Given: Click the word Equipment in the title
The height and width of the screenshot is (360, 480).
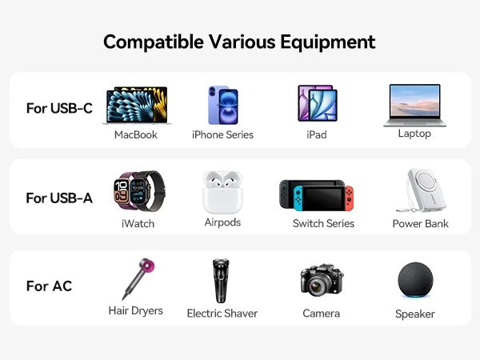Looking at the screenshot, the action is point(328,42).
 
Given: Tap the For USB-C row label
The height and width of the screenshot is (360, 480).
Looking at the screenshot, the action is point(59,108).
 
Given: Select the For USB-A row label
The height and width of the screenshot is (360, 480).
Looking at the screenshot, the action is point(59,198).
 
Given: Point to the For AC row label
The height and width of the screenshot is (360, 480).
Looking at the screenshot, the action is point(49,286).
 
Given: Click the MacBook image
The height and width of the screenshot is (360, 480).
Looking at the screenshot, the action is point(137,106).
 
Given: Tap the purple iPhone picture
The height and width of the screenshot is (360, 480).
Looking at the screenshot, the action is point(223,105).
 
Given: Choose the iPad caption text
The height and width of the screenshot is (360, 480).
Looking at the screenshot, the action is point(317,134).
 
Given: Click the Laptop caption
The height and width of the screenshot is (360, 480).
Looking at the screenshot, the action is point(414,134).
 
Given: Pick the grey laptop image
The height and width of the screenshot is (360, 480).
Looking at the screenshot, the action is point(414,106).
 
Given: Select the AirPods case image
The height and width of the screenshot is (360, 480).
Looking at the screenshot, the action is point(222,192).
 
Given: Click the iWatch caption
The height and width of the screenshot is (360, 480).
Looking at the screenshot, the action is point(138,224).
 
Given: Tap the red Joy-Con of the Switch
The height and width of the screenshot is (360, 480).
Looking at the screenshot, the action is point(350,198).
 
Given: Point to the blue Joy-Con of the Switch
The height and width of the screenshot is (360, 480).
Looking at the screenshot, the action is point(298,198).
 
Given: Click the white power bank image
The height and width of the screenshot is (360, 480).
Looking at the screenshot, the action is point(422,190).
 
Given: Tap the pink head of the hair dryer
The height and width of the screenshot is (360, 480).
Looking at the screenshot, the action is point(146,266).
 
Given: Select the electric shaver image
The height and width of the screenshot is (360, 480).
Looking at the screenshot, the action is point(221,281).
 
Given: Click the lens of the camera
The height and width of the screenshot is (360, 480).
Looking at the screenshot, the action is point(316,286).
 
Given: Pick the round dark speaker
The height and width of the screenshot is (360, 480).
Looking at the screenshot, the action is point(415,280).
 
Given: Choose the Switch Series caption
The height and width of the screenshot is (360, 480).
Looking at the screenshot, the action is point(323,223).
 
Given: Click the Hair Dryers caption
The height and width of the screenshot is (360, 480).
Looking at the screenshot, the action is point(136,311).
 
